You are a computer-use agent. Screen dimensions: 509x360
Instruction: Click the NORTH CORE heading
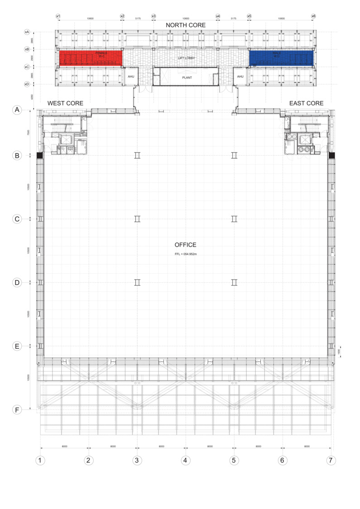point(186,25)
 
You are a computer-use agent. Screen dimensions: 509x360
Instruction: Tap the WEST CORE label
point(65,104)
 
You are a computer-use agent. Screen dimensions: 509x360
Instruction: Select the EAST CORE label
point(306,104)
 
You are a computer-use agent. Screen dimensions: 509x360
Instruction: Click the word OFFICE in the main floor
point(186,245)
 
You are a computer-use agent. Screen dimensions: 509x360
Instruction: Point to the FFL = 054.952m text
point(186,254)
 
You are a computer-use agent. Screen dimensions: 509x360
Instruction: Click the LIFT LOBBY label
point(186,58)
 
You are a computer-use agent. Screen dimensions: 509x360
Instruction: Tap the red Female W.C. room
point(91,57)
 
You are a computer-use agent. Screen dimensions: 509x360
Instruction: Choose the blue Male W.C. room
point(281,57)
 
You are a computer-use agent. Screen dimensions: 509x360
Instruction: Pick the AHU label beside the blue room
point(240,76)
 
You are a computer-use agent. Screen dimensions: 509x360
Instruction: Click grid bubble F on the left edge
point(17,410)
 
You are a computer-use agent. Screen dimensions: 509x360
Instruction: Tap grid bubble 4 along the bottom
point(185,461)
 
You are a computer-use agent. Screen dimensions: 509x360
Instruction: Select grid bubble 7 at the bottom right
point(331,461)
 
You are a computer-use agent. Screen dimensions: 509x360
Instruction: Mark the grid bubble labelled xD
point(27,84)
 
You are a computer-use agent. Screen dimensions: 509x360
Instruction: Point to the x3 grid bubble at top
point(154,16)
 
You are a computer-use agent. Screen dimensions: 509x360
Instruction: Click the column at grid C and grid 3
point(137,219)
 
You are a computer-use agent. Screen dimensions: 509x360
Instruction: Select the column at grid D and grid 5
point(234,282)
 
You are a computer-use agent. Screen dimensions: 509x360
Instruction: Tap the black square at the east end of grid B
point(331,155)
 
